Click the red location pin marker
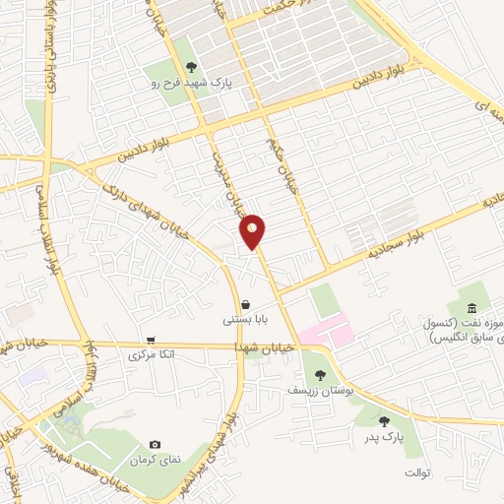click(x=253, y=231)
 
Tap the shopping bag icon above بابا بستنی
click(x=244, y=304)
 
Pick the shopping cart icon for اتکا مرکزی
click(x=150, y=339)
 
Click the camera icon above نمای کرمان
click(x=155, y=446)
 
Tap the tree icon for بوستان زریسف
click(x=320, y=374)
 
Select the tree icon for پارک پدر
click(x=384, y=420)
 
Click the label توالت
click(x=417, y=473)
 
